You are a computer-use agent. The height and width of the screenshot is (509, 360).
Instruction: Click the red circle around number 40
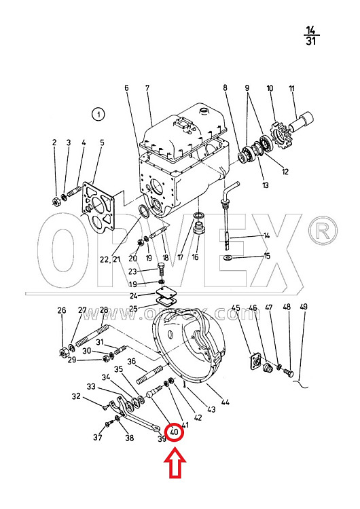[175, 424]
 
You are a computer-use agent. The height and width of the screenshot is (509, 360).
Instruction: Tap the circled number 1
[98, 115]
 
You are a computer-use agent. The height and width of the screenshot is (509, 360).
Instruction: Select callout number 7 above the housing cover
[147, 88]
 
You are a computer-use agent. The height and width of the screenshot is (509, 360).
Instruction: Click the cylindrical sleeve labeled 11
[302, 121]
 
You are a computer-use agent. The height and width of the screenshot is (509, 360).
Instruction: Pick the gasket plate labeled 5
[98, 206]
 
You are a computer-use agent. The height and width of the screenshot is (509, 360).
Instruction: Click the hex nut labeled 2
[56, 202]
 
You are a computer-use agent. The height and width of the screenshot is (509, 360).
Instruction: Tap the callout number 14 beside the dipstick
[266, 235]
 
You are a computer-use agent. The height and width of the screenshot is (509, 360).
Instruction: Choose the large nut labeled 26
[62, 351]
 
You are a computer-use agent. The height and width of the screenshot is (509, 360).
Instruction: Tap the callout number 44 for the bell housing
[226, 402]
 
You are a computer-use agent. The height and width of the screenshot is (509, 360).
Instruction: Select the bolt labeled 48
[289, 373]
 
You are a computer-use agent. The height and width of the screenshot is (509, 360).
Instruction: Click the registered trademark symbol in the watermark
[323, 231]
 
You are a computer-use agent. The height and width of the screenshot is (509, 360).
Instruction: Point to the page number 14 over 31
[311, 35]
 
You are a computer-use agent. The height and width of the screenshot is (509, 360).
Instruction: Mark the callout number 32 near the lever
[76, 397]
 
